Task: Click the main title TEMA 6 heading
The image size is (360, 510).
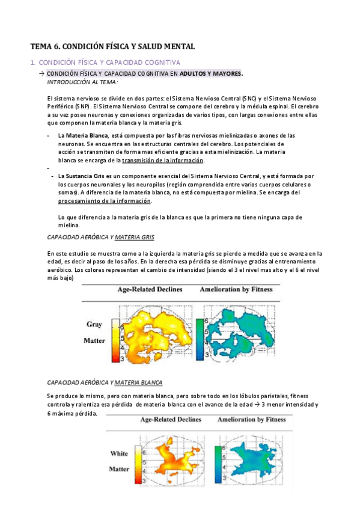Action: click(x=112, y=46)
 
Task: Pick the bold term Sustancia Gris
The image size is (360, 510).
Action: click(x=84, y=176)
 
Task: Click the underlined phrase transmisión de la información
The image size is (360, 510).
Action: click(x=163, y=161)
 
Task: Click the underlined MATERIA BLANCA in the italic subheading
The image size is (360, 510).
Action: click(x=138, y=382)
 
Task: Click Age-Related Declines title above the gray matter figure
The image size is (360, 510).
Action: click(x=150, y=290)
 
